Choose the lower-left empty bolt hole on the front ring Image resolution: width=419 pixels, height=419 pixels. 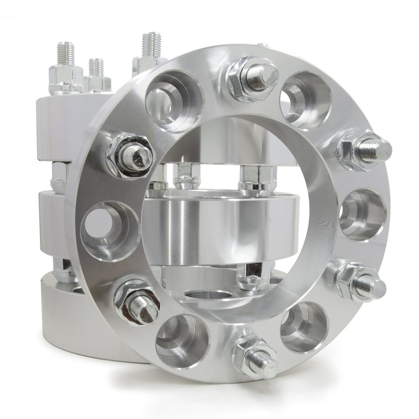pos(181,340)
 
